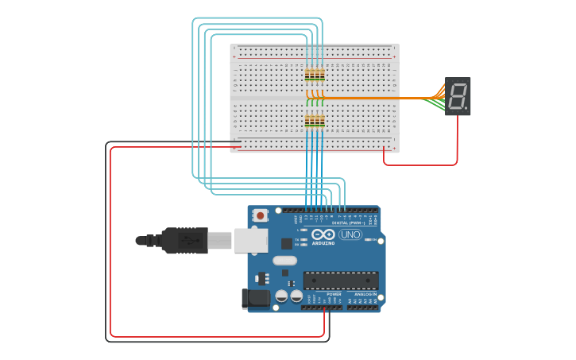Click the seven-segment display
458,96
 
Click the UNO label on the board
350,234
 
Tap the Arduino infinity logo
323,234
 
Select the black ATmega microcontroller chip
340,280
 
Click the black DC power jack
255,299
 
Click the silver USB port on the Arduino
251,239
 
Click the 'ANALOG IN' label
365,294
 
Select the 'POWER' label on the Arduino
334,294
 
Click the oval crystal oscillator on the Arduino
284,260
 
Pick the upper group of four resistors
315,75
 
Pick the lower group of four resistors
315,121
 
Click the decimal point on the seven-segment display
466,108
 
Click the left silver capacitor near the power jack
281,296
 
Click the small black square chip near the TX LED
286,243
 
